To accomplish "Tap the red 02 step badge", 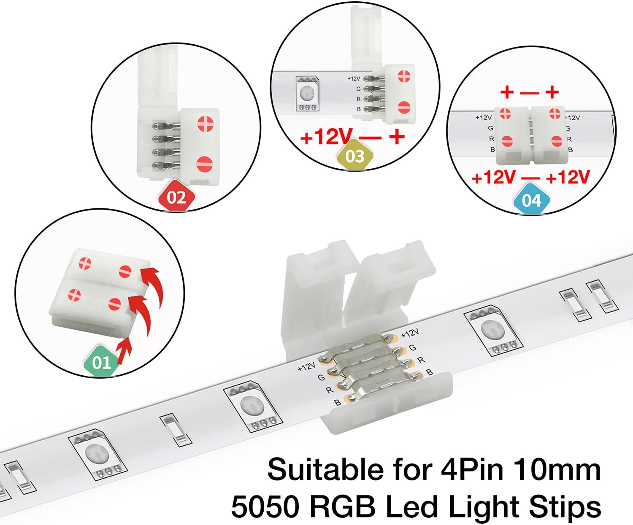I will point(176,197).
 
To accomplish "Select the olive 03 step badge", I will point(355,156).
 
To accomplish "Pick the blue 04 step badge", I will point(531,200).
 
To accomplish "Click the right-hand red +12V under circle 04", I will point(568,178).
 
